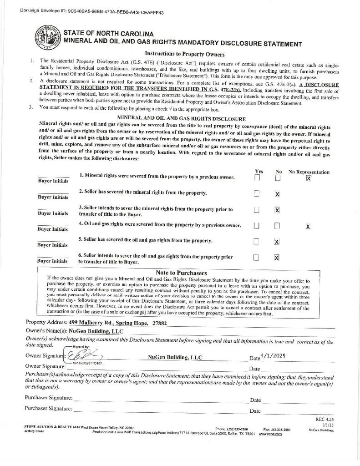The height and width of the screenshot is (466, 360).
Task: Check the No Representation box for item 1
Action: (x=309, y=178)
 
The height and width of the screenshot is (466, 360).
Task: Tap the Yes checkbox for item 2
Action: (x=257, y=193)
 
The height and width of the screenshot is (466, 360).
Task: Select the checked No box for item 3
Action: (x=277, y=210)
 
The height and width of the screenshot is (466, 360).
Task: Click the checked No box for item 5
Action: (x=277, y=242)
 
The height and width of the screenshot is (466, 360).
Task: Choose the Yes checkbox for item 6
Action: (x=256, y=258)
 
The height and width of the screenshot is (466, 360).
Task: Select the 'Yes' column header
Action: (x=259, y=172)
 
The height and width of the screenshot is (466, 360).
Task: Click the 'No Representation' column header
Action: (x=309, y=172)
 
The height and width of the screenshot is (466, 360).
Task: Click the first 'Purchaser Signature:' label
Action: (x=49, y=398)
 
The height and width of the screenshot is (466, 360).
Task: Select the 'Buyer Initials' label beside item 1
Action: (x=53, y=181)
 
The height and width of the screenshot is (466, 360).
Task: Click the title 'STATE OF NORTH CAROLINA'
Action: (x=108, y=34)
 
